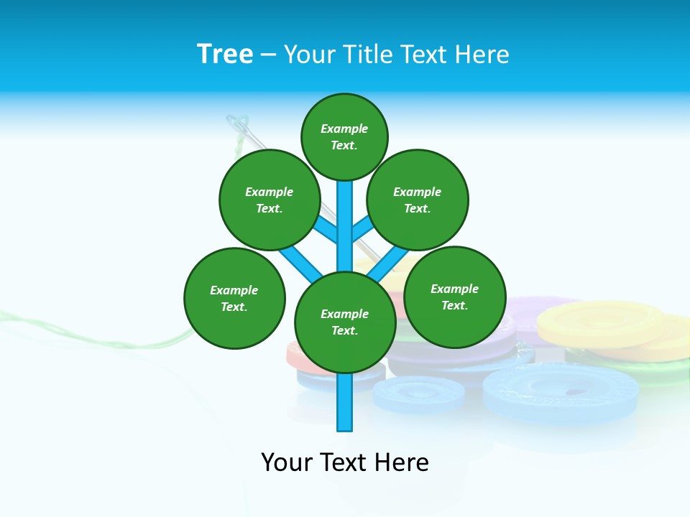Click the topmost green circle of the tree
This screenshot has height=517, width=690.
click(x=344, y=136)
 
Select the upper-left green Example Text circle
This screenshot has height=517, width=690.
click(x=269, y=200)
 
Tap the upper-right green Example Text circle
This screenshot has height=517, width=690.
click(x=417, y=200)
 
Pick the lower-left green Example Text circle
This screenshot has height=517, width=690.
click(x=234, y=298)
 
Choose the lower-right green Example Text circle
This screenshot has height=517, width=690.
click(x=454, y=297)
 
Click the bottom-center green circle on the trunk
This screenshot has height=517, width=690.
click(x=345, y=322)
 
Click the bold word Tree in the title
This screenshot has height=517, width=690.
click(x=225, y=54)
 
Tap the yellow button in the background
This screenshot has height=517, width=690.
click(x=600, y=322)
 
